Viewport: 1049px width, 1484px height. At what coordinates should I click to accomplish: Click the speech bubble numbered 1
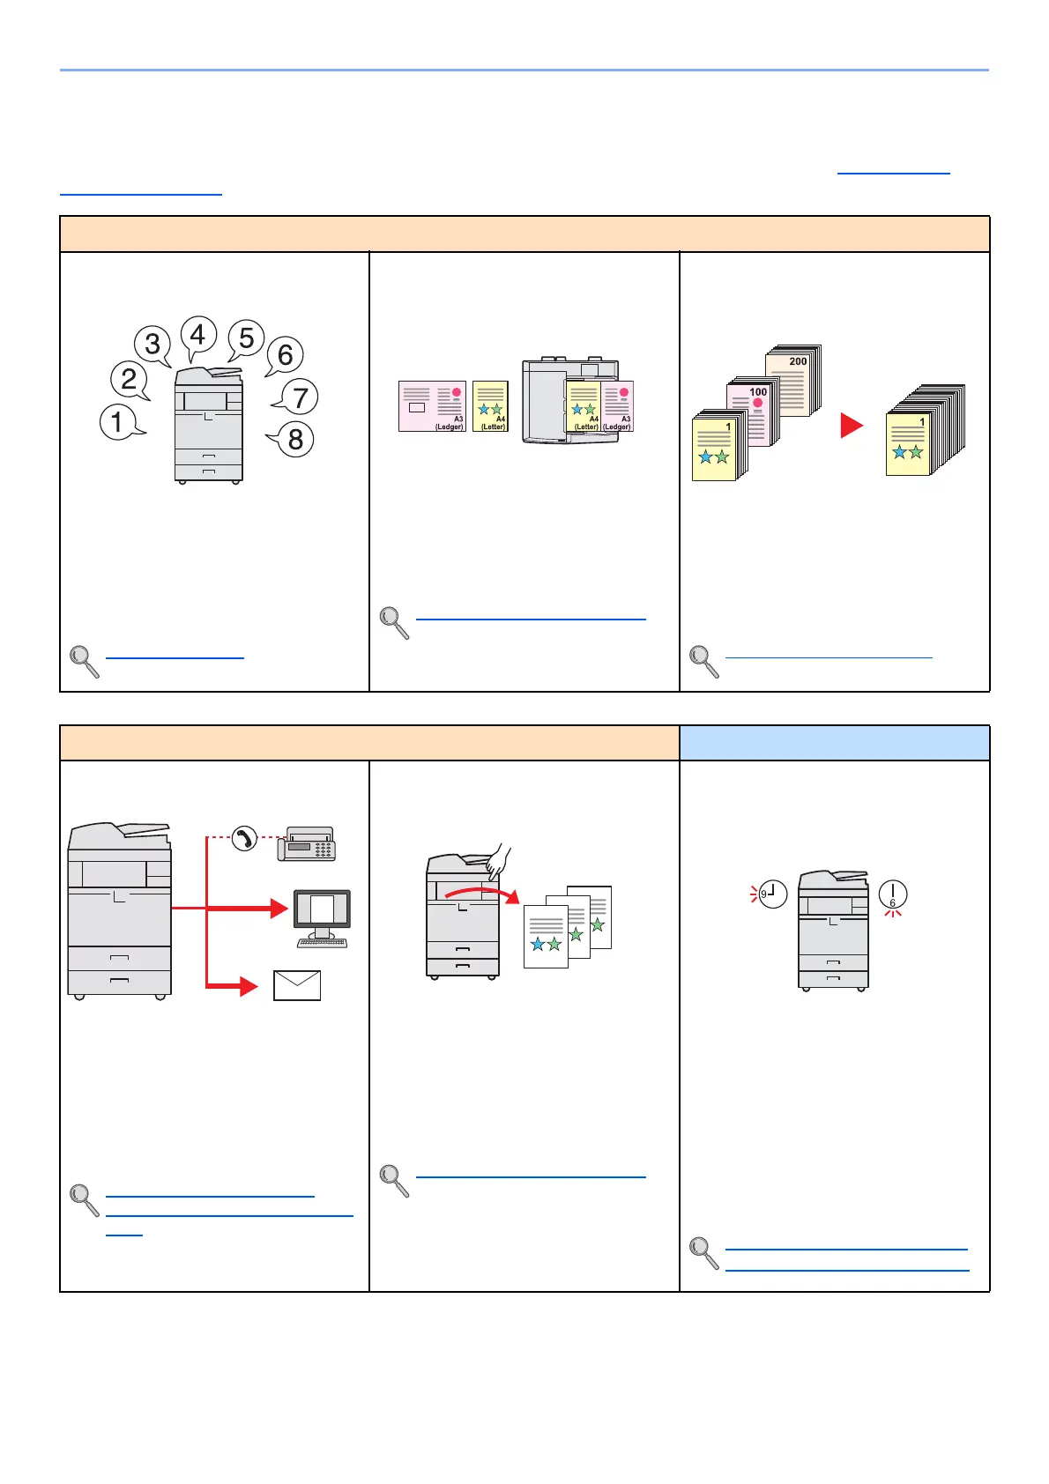pyautogui.click(x=118, y=421)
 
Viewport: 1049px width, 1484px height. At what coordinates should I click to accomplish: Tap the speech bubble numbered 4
pyautogui.click(x=198, y=335)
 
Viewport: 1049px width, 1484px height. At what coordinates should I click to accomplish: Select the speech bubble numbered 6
pyautogui.click(x=285, y=354)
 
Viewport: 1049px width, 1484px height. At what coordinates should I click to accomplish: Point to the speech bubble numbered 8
pyautogui.click(x=294, y=438)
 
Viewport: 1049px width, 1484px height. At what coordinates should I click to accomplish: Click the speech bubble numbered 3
pyautogui.click(x=153, y=344)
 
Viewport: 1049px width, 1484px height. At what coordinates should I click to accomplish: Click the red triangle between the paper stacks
pyautogui.click(x=851, y=426)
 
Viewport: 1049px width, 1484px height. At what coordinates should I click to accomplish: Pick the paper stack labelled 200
pyautogui.click(x=793, y=379)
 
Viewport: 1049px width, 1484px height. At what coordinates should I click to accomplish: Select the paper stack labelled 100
pyautogui.click(x=753, y=412)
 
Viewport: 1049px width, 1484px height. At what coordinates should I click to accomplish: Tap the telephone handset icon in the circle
pyautogui.click(x=244, y=838)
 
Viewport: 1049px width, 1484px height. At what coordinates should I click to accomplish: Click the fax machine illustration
pyautogui.click(x=307, y=844)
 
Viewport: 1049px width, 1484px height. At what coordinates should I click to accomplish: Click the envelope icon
pyautogui.click(x=297, y=985)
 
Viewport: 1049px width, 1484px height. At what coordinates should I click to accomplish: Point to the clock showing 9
pyautogui.click(x=772, y=894)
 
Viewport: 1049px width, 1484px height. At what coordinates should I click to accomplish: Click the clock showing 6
pyautogui.click(x=893, y=894)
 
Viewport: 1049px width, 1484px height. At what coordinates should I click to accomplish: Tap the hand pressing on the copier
pyautogui.click(x=498, y=859)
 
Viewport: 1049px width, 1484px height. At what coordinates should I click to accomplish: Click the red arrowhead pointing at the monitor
pyautogui.click(x=279, y=907)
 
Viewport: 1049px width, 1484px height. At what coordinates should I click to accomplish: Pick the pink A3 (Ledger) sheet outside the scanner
pyautogui.click(x=432, y=406)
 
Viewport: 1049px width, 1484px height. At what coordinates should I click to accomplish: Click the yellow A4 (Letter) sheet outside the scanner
pyautogui.click(x=490, y=406)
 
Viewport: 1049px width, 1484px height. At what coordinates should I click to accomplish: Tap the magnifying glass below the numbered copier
pyautogui.click(x=84, y=661)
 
